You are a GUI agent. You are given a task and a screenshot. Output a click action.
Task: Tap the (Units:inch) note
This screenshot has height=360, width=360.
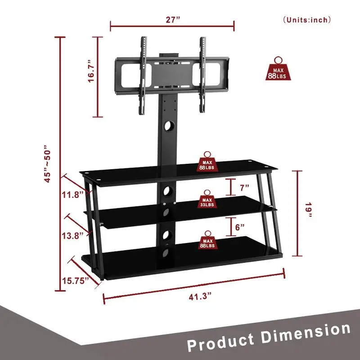click(x=307, y=20)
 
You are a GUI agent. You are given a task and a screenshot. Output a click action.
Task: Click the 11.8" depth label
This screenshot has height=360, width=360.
click(x=73, y=194)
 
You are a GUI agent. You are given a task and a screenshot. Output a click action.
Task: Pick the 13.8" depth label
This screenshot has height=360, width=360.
click(x=72, y=235)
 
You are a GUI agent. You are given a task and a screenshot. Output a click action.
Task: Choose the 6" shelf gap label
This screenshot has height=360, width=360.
click(x=240, y=227)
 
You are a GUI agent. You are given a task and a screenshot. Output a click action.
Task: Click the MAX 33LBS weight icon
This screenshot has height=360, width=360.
click(x=208, y=199)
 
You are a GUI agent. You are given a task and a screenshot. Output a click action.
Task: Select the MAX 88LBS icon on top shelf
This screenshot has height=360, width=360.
click(x=208, y=162)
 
